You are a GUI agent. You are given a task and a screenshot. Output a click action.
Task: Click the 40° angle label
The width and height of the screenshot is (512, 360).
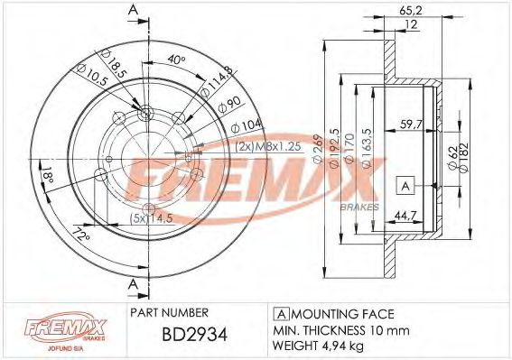coord(178,60)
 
